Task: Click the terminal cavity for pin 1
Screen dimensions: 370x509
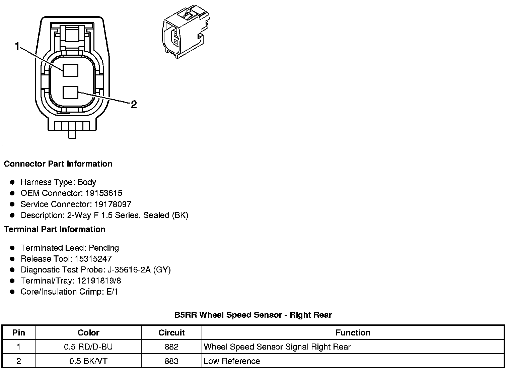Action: tap(70, 70)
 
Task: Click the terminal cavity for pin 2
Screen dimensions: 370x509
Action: tap(70, 92)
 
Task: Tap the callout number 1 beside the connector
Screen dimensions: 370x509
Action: tap(17, 47)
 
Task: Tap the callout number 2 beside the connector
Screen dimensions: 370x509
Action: tap(134, 105)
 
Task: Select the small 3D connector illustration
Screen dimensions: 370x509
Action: tap(185, 32)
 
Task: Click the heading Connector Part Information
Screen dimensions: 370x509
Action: tap(58, 164)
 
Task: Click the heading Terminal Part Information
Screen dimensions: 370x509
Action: tap(55, 230)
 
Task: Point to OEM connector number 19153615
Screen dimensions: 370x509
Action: tap(104, 193)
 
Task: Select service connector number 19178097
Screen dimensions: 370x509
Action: tap(113, 204)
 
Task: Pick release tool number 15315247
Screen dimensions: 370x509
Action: tap(93, 259)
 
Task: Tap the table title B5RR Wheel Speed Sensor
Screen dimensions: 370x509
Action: tap(253, 315)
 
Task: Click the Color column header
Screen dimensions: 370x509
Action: tap(88, 333)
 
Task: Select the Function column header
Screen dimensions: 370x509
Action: tap(353, 333)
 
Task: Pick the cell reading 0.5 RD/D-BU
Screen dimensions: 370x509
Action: tap(88, 347)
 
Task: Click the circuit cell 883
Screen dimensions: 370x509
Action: tap(171, 361)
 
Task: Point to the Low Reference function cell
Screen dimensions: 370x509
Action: tap(232, 361)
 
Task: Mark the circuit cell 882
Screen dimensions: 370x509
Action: tap(171, 347)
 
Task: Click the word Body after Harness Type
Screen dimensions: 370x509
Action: tap(87, 182)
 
